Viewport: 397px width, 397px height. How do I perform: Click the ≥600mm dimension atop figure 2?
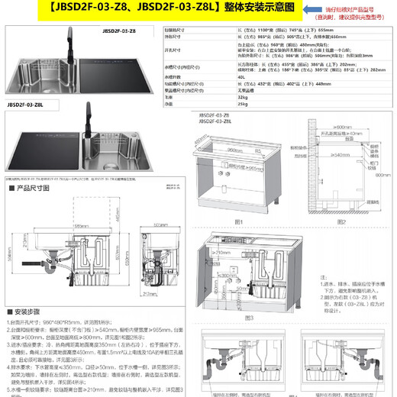click(x=344, y=117)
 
